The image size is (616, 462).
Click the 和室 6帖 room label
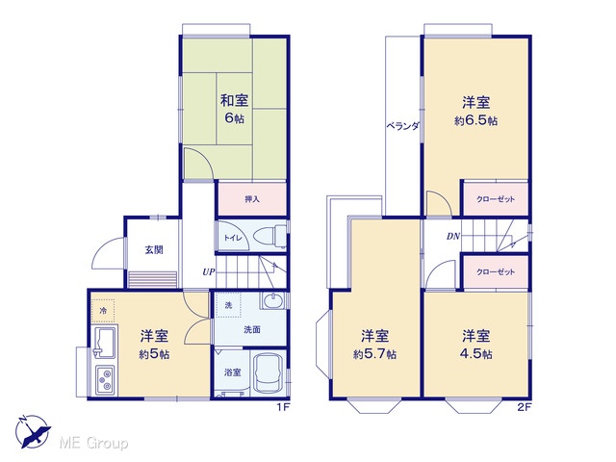(x=234, y=109)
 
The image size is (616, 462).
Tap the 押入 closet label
(x=252, y=199)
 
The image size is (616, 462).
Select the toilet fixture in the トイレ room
(x=270, y=236)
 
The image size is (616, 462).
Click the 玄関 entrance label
(x=154, y=250)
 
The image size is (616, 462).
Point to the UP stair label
(x=209, y=271)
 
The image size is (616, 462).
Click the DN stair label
(x=453, y=237)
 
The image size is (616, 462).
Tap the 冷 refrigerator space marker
(x=103, y=311)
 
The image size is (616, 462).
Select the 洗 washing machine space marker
(x=228, y=305)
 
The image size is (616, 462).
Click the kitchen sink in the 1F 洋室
(x=104, y=342)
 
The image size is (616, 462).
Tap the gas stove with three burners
(x=105, y=380)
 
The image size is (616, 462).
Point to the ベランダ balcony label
(x=402, y=126)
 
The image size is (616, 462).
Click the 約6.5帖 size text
(x=475, y=120)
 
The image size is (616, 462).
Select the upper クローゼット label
(x=496, y=199)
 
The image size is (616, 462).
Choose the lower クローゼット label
(x=496, y=271)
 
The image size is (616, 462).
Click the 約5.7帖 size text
(x=374, y=354)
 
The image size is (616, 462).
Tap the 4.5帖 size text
(x=475, y=354)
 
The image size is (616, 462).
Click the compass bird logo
(x=33, y=431)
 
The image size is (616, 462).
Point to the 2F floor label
(x=524, y=407)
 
